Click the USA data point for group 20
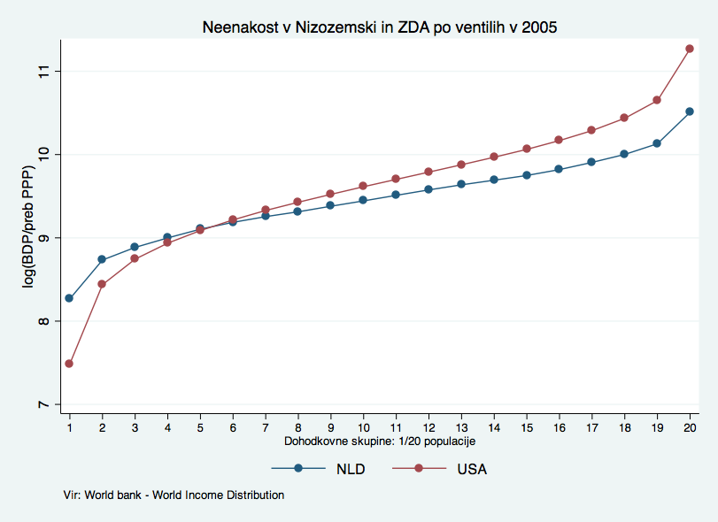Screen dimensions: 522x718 [690, 49]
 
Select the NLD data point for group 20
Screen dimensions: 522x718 [690, 111]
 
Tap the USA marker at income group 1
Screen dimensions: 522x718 [69, 364]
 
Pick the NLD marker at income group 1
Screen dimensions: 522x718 [69, 298]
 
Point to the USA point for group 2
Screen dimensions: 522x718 [102, 284]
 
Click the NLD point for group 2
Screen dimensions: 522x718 [102, 259]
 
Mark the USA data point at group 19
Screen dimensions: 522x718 [657, 100]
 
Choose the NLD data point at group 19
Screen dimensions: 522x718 [657, 143]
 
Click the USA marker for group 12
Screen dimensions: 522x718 [428, 172]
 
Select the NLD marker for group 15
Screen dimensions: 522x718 [526, 175]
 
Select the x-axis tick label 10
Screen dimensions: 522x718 [363, 428]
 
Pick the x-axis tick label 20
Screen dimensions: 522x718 [690, 428]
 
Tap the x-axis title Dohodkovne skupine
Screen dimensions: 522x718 [381, 441]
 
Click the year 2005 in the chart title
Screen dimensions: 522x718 [540, 28]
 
